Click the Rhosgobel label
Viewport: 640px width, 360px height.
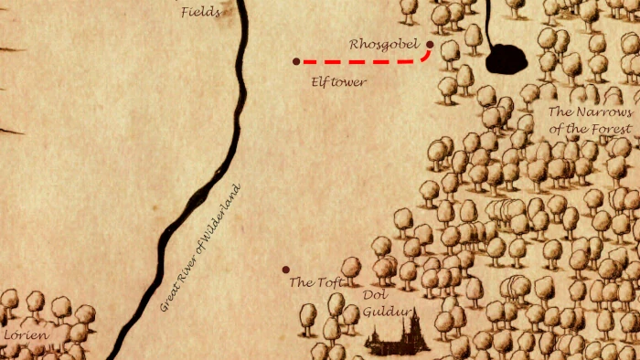(x=383, y=44)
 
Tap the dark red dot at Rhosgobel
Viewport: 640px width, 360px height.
(x=430, y=44)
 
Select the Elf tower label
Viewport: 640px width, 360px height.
(x=338, y=81)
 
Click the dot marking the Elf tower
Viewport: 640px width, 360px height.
(x=295, y=61)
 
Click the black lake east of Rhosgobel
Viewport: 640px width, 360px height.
(x=507, y=59)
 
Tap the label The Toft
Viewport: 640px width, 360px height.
(x=315, y=282)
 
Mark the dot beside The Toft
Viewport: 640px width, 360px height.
(x=285, y=270)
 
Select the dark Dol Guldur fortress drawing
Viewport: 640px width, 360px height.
(x=399, y=338)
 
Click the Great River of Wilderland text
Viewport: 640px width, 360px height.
(x=200, y=248)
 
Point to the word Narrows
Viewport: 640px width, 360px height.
(x=604, y=111)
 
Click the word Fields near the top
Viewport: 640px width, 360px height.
(x=200, y=12)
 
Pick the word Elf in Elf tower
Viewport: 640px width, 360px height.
(x=319, y=81)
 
